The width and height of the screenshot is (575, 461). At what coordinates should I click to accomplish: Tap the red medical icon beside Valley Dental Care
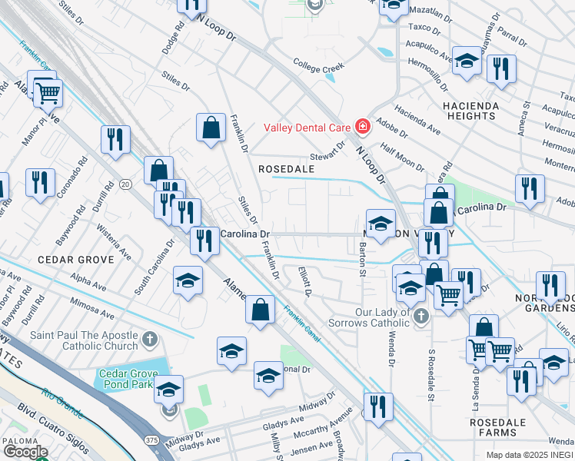pos(361,128)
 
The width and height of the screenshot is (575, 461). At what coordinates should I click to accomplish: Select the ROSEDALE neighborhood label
pos(287,168)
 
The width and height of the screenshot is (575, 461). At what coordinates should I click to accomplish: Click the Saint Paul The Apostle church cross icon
pos(151,338)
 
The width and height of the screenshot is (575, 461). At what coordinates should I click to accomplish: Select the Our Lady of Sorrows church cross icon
pos(420,316)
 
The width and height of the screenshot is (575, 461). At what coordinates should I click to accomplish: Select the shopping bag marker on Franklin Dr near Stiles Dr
pos(211,128)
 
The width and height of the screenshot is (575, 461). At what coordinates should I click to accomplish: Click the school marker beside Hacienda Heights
pos(467,61)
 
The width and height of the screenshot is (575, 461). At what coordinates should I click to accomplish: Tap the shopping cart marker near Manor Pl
pos(48,93)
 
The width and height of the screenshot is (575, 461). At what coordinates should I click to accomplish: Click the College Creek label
pos(317,68)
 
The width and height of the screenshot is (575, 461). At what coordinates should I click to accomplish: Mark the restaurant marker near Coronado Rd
pos(39,183)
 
